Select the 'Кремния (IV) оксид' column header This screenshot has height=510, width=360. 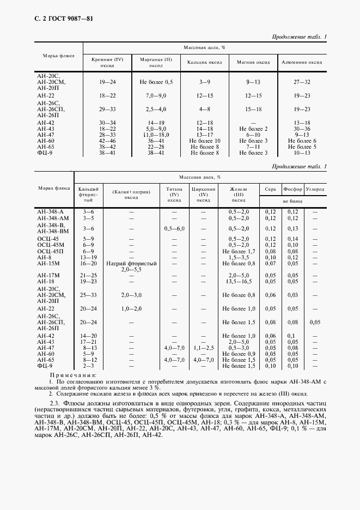coord(107,62)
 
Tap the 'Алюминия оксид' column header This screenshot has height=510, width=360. coord(302,62)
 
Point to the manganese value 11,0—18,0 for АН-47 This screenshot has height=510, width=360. coord(156,134)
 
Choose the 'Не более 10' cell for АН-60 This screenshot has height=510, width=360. coord(204,140)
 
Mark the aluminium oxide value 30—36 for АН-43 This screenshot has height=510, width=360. coord(302,129)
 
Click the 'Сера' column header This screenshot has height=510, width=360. coord(270,189)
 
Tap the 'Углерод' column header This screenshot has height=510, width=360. coord(315,189)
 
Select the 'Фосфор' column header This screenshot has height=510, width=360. coord(292,189)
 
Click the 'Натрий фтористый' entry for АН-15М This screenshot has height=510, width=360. coord(131,263)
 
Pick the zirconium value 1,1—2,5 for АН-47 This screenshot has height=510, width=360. coord(203,347)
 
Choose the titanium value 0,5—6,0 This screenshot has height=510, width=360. coord(174,229)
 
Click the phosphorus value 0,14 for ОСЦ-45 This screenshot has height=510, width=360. coord(292,239)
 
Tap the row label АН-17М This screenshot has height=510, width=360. coord(48,275)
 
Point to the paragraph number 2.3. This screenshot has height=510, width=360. coord(57,403)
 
